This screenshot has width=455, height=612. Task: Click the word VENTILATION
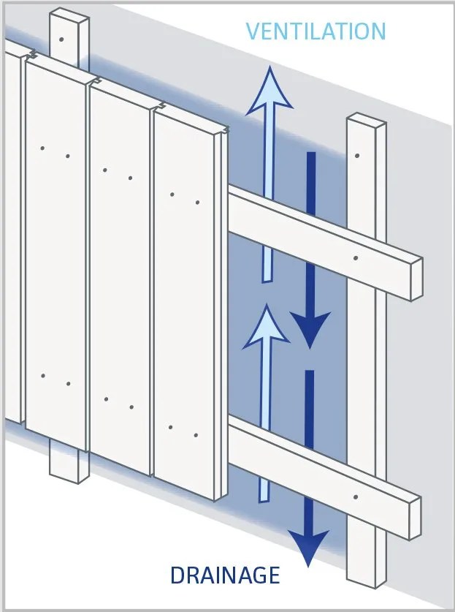click(x=316, y=31)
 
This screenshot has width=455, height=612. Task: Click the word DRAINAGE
click(x=226, y=575)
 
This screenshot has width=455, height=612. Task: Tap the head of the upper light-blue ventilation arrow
click(x=269, y=91)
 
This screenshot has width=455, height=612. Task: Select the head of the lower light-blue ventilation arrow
click(x=267, y=327)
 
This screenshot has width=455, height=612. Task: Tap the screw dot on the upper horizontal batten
click(x=356, y=258)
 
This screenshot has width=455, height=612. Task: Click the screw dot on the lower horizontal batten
click(x=356, y=497)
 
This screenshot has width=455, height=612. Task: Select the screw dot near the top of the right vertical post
click(x=356, y=156)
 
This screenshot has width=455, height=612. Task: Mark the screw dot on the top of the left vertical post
click(x=61, y=39)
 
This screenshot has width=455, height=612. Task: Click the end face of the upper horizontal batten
click(x=417, y=279)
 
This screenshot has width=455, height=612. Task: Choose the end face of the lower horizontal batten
click(x=415, y=518)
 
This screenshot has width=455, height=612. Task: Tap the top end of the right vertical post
click(x=367, y=120)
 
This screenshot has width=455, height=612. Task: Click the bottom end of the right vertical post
click(x=367, y=582)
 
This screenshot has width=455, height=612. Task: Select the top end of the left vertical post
click(x=69, y=15)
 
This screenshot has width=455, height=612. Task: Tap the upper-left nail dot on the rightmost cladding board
click(x=172, y=194)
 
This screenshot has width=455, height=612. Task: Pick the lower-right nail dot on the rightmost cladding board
click(x=196, y=435)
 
